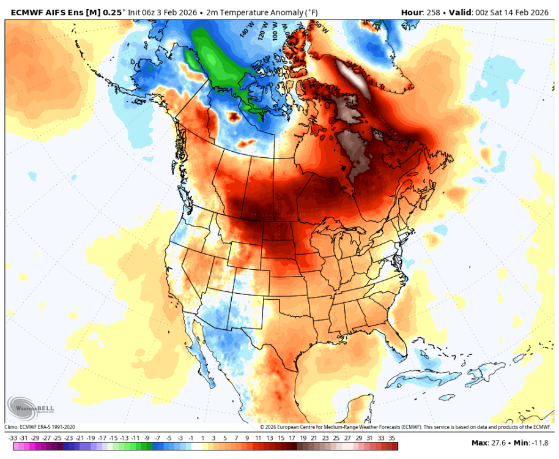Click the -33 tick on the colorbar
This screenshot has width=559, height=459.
pyautogui.click(x=13, y=438)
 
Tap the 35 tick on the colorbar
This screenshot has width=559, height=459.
pyautogui.click(x=391, y=438)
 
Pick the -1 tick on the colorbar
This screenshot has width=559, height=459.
pyautogui.click(x=191, y=438)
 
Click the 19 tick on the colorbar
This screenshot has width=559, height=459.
pyautogui.click(x=302, y=438)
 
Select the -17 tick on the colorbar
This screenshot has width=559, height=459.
pyautogui.click(x=102, y=438)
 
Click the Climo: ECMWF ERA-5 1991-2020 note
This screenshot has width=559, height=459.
pyautogui.click(x=40, y=427)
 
